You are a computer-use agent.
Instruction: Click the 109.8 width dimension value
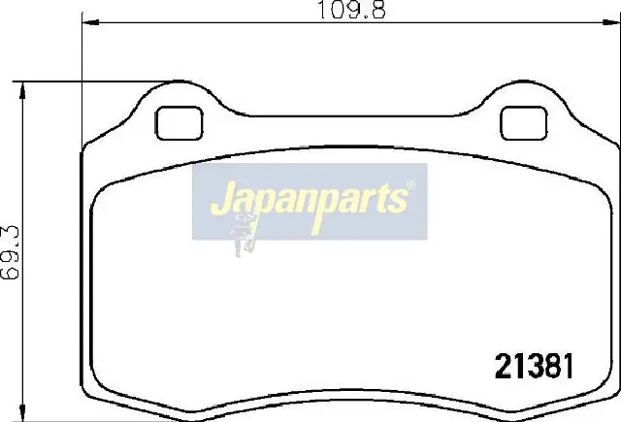(351, 10)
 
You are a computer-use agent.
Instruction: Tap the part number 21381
(534, 366)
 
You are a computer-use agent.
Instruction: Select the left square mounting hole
(179, 123)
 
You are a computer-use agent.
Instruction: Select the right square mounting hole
(524, 123)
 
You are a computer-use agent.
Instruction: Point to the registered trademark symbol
(411, 184)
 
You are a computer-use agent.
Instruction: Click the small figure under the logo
(244, 235)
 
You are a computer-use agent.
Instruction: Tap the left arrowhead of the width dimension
(90, 22)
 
